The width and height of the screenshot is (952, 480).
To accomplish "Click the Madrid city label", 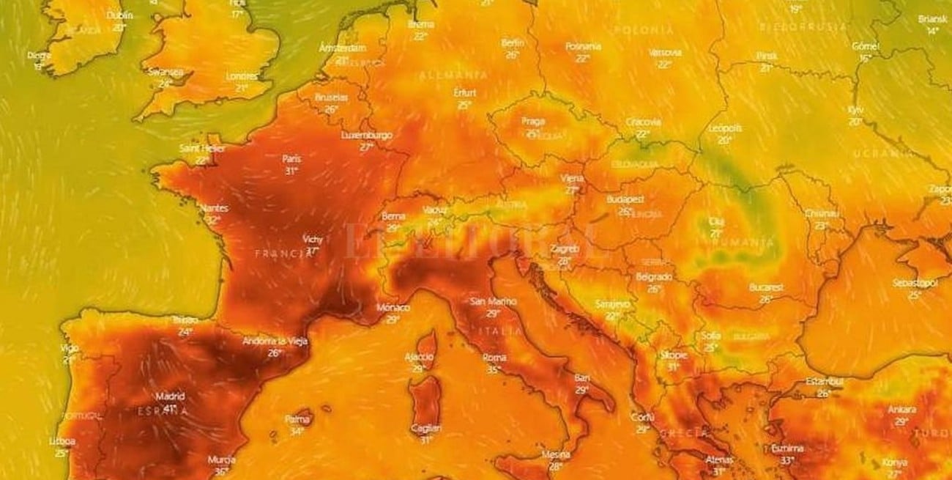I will point(170,396).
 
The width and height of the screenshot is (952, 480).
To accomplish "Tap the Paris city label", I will point(291,158).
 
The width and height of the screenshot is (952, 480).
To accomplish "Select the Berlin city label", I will point(513,43).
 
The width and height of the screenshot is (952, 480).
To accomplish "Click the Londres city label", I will point(242,76).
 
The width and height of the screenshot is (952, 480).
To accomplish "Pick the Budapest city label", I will point(625,199).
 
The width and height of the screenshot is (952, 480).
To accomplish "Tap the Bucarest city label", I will point(766,287).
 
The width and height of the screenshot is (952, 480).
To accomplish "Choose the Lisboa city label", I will point(62,441).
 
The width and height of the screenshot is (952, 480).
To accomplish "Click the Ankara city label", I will point(901,410).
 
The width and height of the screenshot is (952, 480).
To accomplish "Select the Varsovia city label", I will point(665,53).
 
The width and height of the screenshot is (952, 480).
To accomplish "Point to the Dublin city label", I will point(119,15).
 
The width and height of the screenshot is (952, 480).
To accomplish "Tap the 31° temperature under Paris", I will point(291,171).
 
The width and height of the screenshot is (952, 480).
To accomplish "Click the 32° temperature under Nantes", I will point(213,219).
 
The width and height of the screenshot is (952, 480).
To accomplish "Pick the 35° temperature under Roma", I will point(492,369).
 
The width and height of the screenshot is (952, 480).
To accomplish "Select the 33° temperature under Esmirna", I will point(787,460).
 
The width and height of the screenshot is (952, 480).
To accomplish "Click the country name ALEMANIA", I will point(454,75).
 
